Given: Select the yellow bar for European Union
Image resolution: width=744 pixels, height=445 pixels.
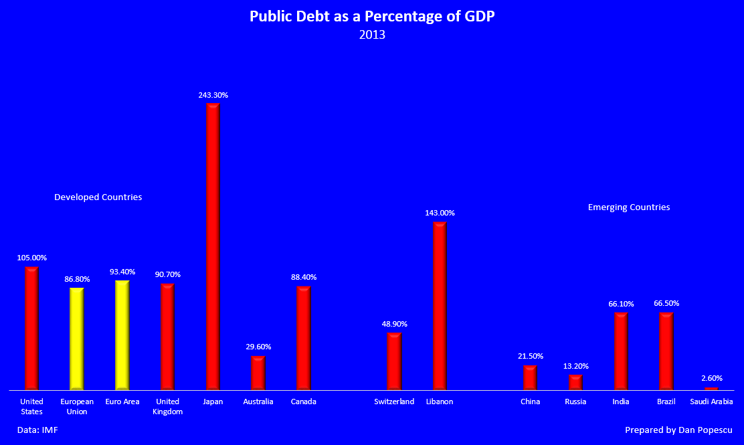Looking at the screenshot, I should coord(77,339).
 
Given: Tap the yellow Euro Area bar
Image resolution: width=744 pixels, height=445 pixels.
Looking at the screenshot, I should coord(122,335).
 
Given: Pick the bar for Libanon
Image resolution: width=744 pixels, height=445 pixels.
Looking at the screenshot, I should coord(440,305).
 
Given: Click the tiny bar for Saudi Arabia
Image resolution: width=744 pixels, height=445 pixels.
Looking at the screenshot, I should coord(711,388).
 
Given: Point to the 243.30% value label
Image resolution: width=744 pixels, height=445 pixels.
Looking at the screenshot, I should coord(213,95).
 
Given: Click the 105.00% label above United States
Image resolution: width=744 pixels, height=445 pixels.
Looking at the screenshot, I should coord(31,258).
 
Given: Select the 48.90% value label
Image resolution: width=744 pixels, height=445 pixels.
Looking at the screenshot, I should coord(394,324).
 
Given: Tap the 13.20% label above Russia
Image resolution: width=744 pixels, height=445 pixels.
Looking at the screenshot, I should coord(575,366).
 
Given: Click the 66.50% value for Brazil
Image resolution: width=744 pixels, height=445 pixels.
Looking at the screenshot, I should coord(666,303).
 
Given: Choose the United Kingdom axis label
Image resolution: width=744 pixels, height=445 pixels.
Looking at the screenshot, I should coord(167,407).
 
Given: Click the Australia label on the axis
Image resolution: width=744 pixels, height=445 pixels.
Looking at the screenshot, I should coord(258,402).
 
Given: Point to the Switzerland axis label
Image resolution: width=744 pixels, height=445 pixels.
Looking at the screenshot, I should coord(394,402).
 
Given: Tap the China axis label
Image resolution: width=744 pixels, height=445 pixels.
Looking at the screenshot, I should coord(531,402).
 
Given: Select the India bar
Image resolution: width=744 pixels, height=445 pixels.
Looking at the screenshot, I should coord(621,351).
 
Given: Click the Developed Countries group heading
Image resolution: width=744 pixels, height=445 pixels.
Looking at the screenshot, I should coord(98,197).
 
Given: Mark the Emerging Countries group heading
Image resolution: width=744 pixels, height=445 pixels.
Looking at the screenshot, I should coord(629,207).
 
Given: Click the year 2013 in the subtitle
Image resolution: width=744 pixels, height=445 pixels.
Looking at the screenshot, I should coord(372,35).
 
